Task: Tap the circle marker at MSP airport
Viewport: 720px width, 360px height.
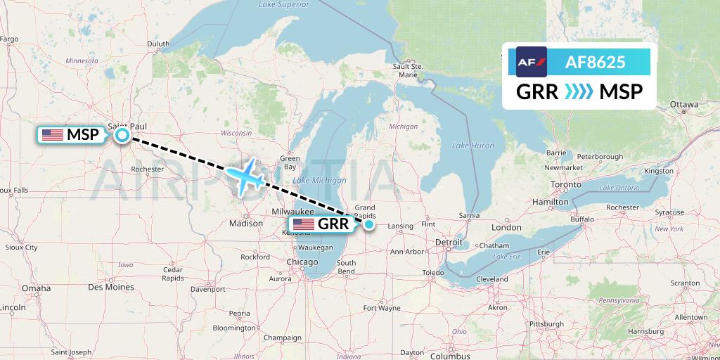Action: (122, 135)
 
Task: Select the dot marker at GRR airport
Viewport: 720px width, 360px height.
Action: (369, 224)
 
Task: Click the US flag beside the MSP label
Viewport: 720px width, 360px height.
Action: (53, 135)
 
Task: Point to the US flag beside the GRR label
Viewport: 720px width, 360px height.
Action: (304, 224)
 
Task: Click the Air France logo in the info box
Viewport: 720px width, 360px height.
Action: (531, 62)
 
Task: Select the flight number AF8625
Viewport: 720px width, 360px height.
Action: (595, 62)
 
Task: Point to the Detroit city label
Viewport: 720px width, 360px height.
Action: (449, 243)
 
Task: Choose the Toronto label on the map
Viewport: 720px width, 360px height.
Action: (565, 185)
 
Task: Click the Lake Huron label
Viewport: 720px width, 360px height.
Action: (472, 146)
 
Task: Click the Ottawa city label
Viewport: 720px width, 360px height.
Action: (683, 104)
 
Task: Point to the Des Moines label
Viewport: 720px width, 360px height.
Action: (111, 287)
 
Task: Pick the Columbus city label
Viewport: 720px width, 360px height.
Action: (450, 356)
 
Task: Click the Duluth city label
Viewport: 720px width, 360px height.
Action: (158, 44)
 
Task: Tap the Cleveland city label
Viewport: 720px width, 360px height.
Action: (491, 278)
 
